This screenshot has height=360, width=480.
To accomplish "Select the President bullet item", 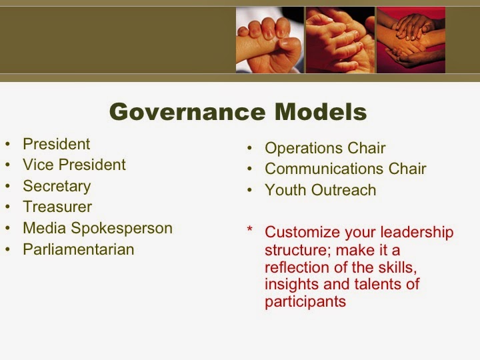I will point(56,144).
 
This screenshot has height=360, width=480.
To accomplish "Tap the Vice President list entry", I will point(74,165).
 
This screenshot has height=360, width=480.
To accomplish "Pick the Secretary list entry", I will point(57,186).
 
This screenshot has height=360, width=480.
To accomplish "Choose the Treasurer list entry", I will point(57,207).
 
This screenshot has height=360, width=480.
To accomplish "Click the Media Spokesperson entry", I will point(97,228).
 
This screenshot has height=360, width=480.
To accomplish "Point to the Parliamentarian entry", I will point(78,249).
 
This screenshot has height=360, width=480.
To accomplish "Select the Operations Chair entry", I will point(325,148).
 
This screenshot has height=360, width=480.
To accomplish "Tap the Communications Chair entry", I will point(345,169).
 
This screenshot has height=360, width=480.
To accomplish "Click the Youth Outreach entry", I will point(320,190).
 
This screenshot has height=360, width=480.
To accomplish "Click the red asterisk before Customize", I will point(250,231).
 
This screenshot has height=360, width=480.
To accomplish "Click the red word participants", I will point(305,301).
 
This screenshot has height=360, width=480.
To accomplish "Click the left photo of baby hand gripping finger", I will point(269,39).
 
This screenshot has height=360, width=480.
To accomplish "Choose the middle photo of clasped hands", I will point(339,39).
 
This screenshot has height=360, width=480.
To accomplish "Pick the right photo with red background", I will point(410,39).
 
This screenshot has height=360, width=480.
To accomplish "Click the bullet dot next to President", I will point(7,145).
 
